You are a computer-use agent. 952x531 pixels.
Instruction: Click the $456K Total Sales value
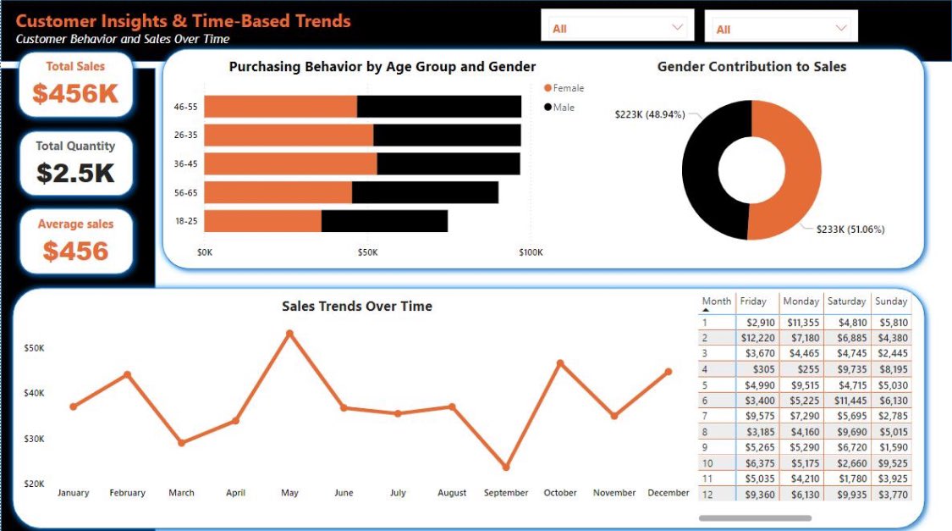click(75, 93)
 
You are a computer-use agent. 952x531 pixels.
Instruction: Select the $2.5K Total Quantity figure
click(75, 173)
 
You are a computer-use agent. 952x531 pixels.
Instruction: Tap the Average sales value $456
click(75, 252)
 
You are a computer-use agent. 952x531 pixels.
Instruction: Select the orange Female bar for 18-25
click(262, 221)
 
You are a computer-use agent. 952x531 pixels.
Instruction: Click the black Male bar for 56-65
click(425, 192)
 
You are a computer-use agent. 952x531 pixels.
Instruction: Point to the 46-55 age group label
click(185, 107)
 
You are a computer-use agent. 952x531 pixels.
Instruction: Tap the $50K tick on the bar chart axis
click(367, 252)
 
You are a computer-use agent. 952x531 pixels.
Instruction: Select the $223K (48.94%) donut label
click(649, 114)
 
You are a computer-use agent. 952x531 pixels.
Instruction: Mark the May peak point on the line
click(289, 333)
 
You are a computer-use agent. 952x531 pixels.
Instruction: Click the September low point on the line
click(506, 467)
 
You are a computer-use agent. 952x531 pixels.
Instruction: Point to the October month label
click(560, 493)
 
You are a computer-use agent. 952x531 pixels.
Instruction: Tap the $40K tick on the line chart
click(34, 393)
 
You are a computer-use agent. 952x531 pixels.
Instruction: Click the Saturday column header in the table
click(846, 301)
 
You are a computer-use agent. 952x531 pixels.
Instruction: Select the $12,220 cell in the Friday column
click(757, 338)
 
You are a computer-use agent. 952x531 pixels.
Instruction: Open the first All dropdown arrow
click(677, 28)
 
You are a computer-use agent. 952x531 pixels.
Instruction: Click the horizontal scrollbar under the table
click(755, 517)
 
